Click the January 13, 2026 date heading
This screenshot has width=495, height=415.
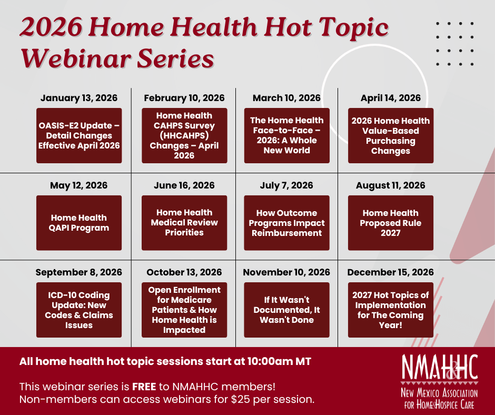click(x=79, y=98)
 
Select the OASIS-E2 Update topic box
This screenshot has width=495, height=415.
click(x=79, y=135)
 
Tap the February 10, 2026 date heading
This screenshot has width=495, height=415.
click(x=184, y=98)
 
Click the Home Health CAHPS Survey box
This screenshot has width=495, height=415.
click(x=184, y=135)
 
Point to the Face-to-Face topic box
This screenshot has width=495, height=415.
click(x=287, y=135)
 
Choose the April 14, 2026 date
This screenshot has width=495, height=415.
click(x=391, y=98)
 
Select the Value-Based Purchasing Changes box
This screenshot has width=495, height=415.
click(x=391, y=135)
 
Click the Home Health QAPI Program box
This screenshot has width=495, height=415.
click(x=79, y=223)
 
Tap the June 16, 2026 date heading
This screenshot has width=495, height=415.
click(x=184, y=185)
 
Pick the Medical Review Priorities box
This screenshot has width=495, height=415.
click(x=184, y=223)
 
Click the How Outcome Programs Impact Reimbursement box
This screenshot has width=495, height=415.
click(x=287, y=223)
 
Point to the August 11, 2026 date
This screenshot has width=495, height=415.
click(x=391, y=185)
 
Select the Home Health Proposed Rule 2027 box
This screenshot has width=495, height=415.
click(x=391, y=223)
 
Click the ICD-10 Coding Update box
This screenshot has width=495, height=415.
click(x=79, y=310)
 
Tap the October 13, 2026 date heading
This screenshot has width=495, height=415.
click(x=184, y=272)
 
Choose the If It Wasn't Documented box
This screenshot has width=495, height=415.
click(x=287, y=310)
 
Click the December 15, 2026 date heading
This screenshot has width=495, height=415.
click(x=391, y=272)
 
